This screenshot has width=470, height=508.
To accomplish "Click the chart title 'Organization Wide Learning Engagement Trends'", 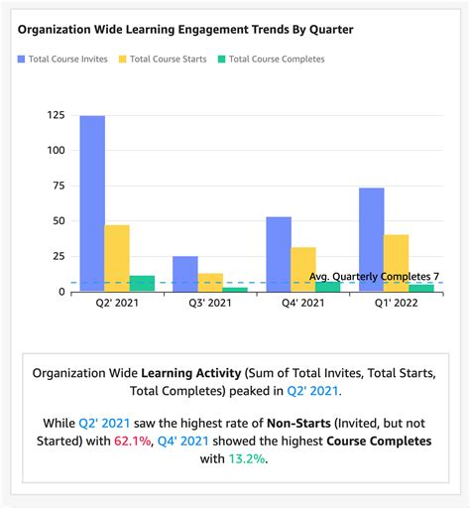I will coord(185,30).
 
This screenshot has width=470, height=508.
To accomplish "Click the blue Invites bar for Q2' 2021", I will coord(92,203).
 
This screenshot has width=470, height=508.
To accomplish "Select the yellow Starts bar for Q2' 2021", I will coord(117,258).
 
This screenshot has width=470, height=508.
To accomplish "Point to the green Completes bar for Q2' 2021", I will coord(142,284).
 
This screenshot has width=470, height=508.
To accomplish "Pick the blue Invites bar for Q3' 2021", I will coord(185,274).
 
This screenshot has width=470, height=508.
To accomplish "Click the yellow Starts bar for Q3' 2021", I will coord(210,282).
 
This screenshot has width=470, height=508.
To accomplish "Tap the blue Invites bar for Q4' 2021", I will coord(279,254).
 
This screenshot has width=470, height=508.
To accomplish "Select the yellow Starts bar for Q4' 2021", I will coord(303,269).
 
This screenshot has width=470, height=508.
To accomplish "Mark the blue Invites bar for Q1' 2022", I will coord(371,239).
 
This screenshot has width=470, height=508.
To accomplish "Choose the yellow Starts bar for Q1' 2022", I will coord(396,263).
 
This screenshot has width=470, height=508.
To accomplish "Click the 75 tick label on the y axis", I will coord(55,186).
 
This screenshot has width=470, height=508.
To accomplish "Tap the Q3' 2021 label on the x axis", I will coord(210,305).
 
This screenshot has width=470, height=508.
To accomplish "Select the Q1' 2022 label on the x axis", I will coord(396,305).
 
